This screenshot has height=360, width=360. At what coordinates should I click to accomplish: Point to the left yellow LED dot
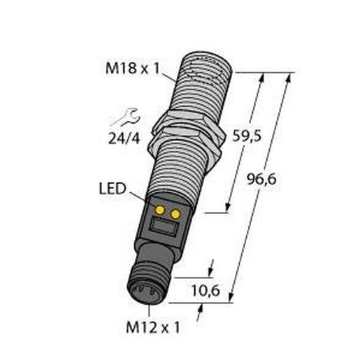pos(160,210)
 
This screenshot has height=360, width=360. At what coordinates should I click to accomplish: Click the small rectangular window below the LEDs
pos(162,226)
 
